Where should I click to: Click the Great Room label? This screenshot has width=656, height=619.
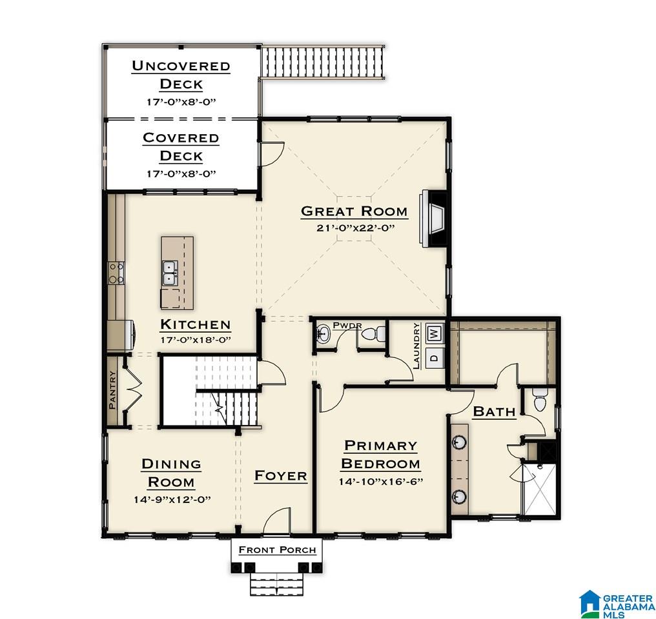coord(354,211)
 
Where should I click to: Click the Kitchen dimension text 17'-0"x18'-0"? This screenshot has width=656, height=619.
coord(196,340)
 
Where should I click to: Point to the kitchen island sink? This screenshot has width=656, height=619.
coord(170,273)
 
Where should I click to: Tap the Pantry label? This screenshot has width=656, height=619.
coord(112,390)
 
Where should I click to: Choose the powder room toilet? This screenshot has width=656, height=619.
coord(373,334)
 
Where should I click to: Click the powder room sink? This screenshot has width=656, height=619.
coord(323,333)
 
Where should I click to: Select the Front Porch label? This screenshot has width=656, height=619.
coord(277,550)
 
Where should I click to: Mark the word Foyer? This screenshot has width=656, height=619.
coord(281,476)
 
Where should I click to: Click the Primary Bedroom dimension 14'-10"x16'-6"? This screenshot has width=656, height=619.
coord(381,482)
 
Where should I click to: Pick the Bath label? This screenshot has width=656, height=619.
coord(494,412)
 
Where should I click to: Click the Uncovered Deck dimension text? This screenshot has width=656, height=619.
coord(181,102)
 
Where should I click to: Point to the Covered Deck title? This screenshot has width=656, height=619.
coord(181,146)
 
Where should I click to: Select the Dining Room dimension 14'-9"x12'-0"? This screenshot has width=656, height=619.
coord(172,500)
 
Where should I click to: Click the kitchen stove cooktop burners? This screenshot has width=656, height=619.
coord(116,273)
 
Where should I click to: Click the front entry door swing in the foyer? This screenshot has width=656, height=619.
coord(276,520)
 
